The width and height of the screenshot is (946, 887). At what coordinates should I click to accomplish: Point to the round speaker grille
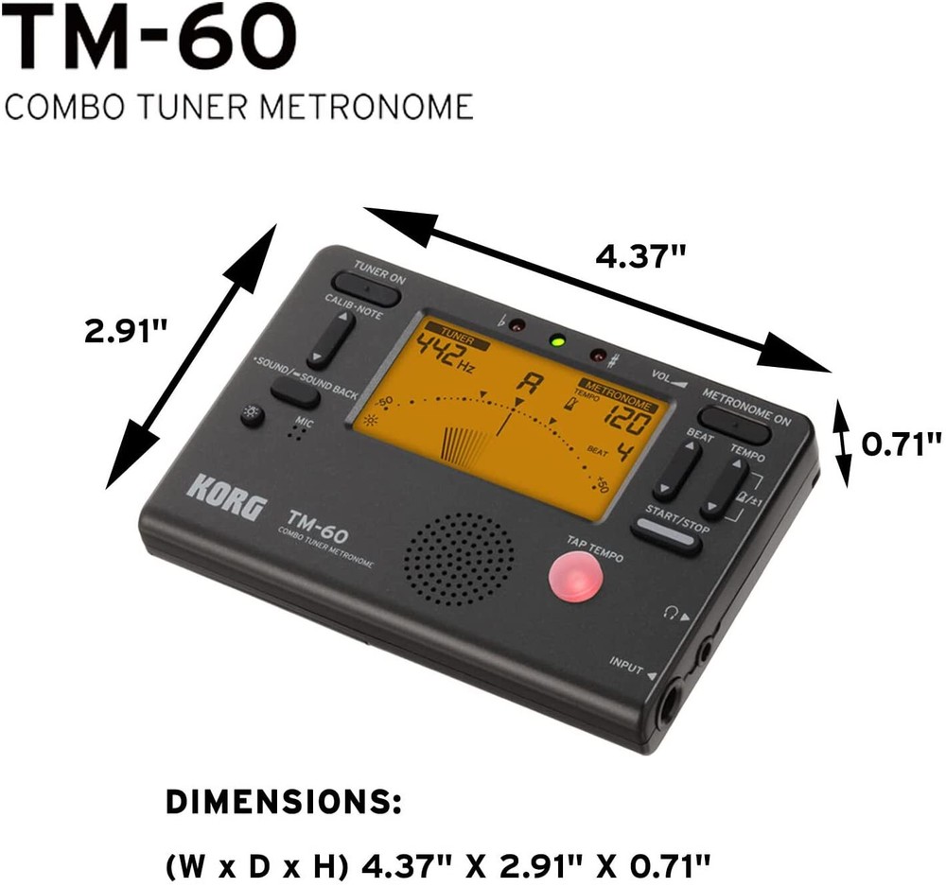460,560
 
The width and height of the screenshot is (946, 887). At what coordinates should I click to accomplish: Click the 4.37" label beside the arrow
639,254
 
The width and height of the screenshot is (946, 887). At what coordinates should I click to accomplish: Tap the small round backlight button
253,415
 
